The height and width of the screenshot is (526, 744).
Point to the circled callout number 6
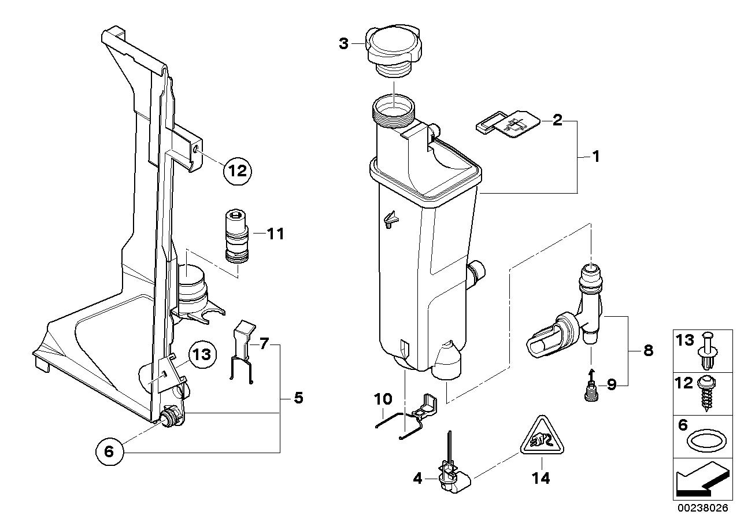[110, 452]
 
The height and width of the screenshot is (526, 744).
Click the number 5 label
[298, 398]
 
